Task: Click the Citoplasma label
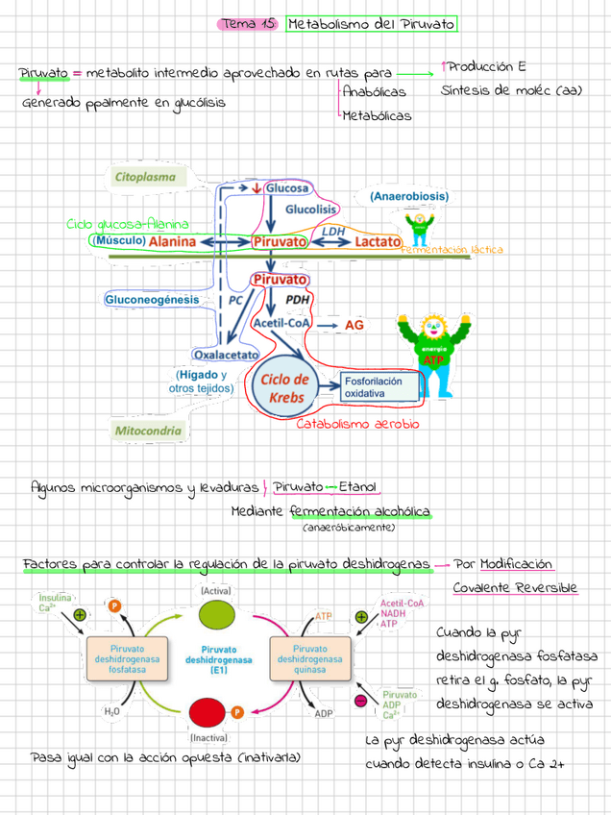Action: (x=145, y=178)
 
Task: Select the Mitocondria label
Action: (x=148, y=431)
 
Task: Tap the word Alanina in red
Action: (x=172, y=241)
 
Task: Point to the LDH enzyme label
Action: (x=332, y=231)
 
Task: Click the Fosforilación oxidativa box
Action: (x=379, y=386)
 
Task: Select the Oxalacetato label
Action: (x=227, y=354)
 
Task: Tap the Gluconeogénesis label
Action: (x=152, y=300)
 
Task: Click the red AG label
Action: (x=354, y=326)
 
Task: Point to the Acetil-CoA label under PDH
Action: (x=280, y=323)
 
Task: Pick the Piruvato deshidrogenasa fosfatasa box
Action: (x=127, y=660)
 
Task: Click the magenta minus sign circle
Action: (x=360, y=701)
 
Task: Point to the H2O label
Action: (x=112, y=712)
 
